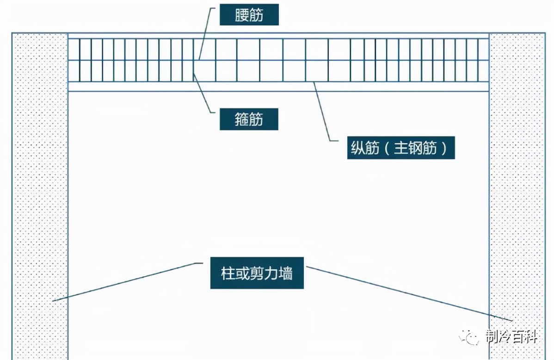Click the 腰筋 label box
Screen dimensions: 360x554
coord(249,16)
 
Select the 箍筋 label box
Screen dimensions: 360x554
coord(249,120)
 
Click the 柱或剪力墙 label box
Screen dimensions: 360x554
coord(257,273)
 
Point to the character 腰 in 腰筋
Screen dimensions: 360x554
coord(241,16)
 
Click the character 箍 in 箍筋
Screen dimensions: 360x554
coord(241,120)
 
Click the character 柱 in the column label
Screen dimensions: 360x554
coord(228,273)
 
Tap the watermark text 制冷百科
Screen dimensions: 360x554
coord(511,337)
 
